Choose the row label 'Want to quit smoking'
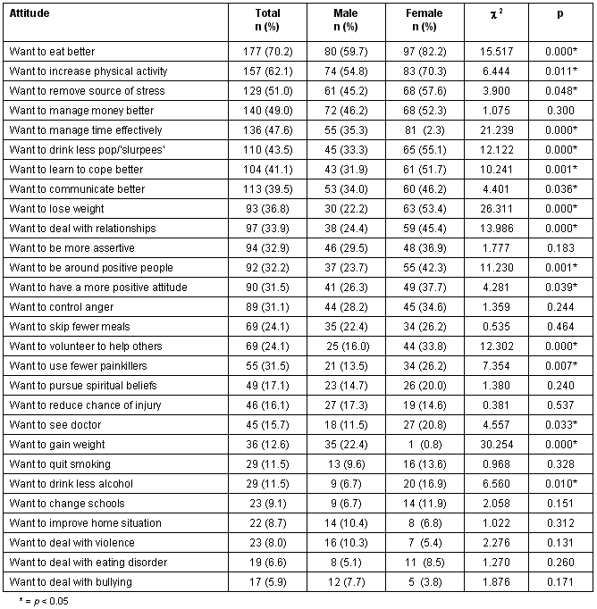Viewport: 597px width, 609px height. point(59,464)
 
